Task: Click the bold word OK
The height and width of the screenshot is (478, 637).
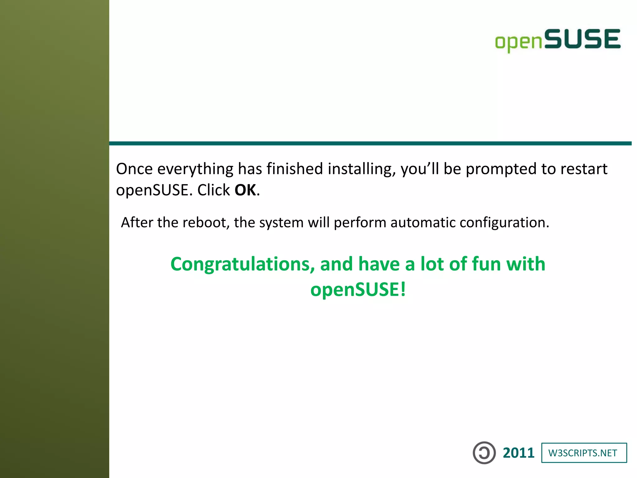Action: (x=245, y=190)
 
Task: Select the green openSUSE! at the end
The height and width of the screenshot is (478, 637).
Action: (x=358, y=289)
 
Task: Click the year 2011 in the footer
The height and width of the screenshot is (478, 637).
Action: (x=518, y=453)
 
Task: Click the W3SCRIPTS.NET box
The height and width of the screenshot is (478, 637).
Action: (x=584, y=453)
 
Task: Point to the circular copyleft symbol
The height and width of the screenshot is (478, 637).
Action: (x=484, y=453)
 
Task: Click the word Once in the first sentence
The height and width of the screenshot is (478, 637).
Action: (x=134, y=169)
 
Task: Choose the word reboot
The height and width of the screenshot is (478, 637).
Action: (x=206, y=223)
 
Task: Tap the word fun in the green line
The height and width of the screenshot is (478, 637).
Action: (x=486, y=264)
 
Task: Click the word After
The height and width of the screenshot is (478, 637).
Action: (x=137, y=223)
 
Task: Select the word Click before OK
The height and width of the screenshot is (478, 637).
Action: (x=214, y=190)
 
